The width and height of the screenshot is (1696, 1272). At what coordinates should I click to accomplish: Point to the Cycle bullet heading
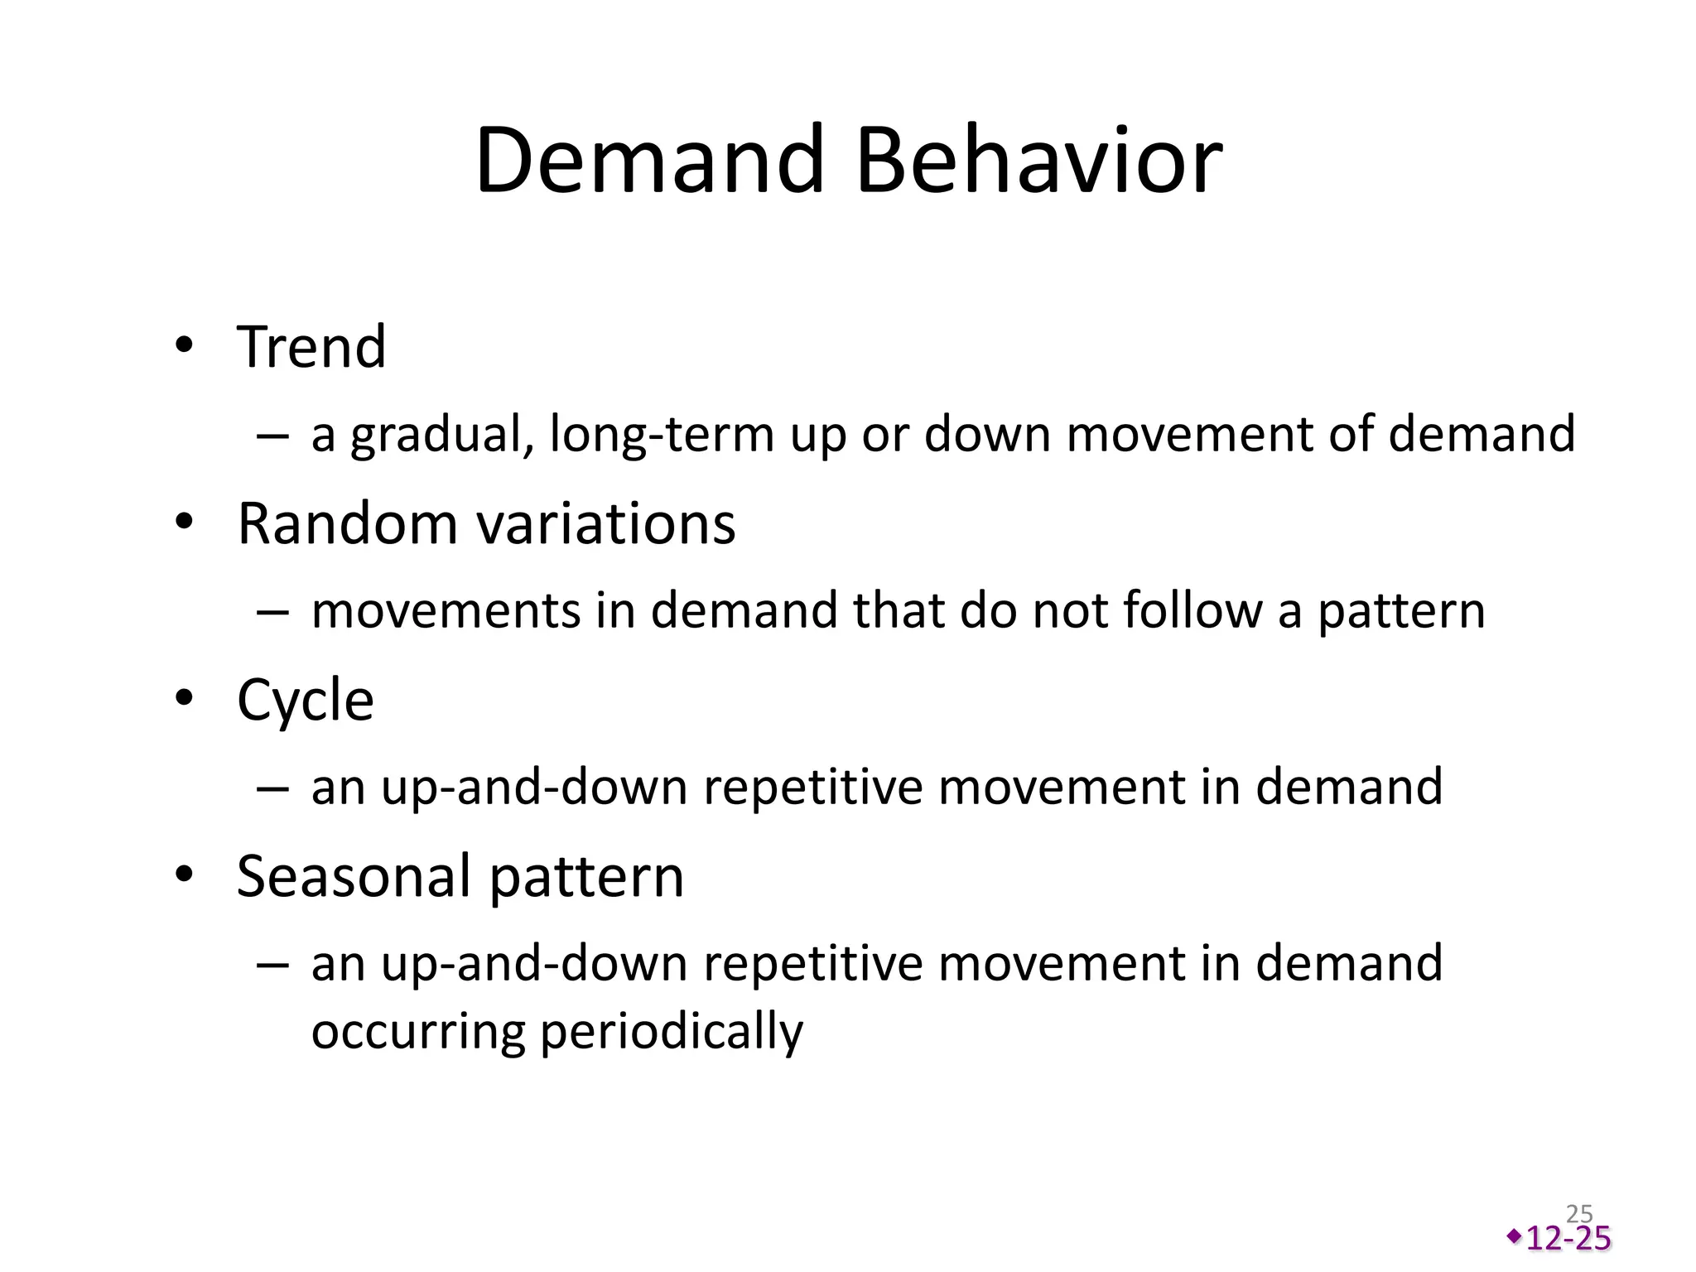click(x=305, y=701)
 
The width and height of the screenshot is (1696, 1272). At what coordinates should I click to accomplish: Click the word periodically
click(x=672, y=1032)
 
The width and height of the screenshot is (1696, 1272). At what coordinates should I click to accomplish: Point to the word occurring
click(x=418, y=1032)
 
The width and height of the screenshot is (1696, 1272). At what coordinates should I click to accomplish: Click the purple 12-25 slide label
click(x=1568, y=1238)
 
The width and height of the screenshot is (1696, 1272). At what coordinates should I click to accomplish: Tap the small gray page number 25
click(x=1580, y=1214)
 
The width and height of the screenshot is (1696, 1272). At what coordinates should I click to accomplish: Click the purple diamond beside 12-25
click(x=1514, y=1236)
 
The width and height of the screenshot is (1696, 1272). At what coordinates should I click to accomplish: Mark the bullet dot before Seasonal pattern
click(x=184, y=874)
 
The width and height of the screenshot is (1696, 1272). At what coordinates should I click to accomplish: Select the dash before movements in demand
click(x=272, y=611)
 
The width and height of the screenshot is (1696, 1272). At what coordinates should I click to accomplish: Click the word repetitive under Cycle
click(x=812, y=787)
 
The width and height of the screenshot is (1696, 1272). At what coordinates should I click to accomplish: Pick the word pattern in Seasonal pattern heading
click(x=586, y=876)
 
